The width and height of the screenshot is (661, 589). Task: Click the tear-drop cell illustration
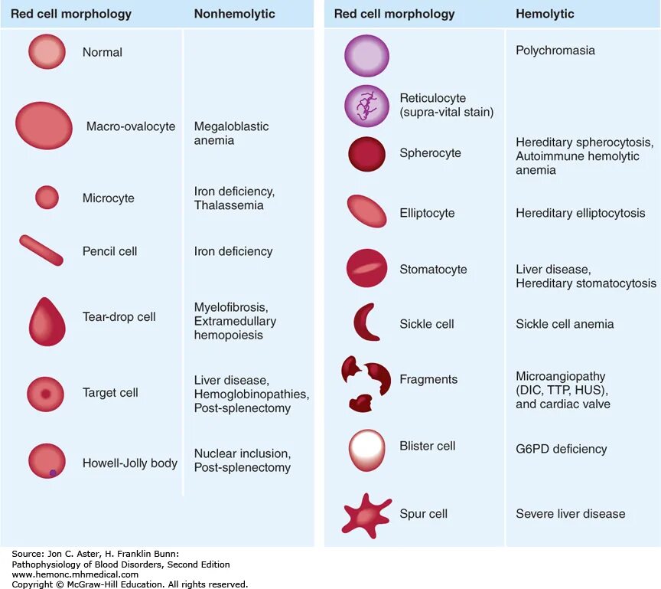(x=47, y=322)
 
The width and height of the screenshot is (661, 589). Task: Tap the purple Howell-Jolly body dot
(x=53, y=473)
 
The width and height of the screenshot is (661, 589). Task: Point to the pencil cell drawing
(x=42, y=250)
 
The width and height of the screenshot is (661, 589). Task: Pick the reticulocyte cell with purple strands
(x=366, y=106)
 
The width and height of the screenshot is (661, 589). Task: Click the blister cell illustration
(x=366, y=450)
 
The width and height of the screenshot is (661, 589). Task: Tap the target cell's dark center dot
(x=46, y=394)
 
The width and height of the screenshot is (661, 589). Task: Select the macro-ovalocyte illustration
(x=44, y=126)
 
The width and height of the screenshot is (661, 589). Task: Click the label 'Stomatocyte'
(x=433, y=270)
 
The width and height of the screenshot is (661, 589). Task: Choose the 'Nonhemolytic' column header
(x=234, y=14)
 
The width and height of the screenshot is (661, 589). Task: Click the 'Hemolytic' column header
(x=545, y=14)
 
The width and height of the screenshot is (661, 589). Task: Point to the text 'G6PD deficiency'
(x=561, y=449)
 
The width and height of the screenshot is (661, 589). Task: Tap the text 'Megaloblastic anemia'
(x=231, y=133)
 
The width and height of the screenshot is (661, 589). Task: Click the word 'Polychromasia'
(x=555, y=51)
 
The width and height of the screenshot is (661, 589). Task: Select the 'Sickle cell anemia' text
(x=565, y=324)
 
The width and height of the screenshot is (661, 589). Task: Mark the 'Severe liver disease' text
(x=570, y=514)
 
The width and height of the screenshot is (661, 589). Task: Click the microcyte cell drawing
(x=47, y=198)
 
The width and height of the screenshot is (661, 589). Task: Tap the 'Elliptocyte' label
(x=427, y=213)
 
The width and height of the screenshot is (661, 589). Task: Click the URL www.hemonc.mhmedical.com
(x=75, y=574)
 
